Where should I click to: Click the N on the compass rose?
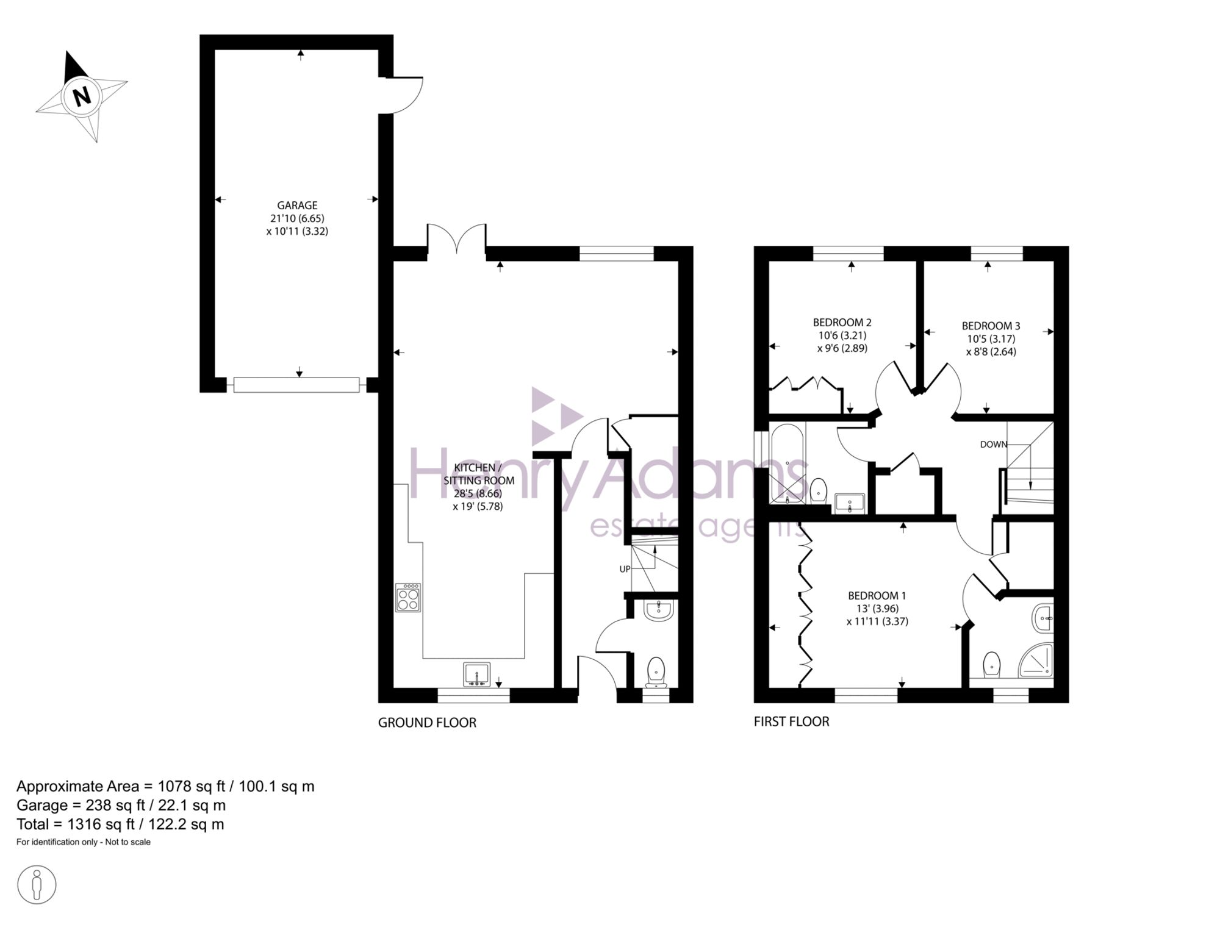pyautogui.click(x=81, y=96)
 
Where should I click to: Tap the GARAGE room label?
pyautogui.click(x=298, y=206)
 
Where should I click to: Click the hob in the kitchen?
pyautogui.click(x=408, y=598)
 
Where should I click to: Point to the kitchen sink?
pyautogui.click(x=476, y=675)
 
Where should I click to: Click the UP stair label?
pyautogui.click(x=625, y=569)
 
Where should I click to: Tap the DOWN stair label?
pyautogui.click(x=993, y=445)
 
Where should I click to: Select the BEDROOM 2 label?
pyautogui.click(x=842, y=322)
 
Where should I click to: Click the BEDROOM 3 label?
pyautogui.click(x=991, y=326)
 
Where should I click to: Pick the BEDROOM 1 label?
pyautogui.click(x=877, y=595)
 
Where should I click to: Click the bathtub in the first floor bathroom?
pyautogui.click(x=788, y=463)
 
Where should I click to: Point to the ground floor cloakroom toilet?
pyautogui.click(x=656, y=673)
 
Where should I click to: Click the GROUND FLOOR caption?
pyautogui.click(x=427, y=723)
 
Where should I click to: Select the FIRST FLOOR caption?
pyautogui.click(x=792, y=721)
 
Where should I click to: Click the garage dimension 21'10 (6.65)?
pyautogui.click(x=298, y=218)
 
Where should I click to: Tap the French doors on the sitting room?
pyautogui.click(x=456, y=239)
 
